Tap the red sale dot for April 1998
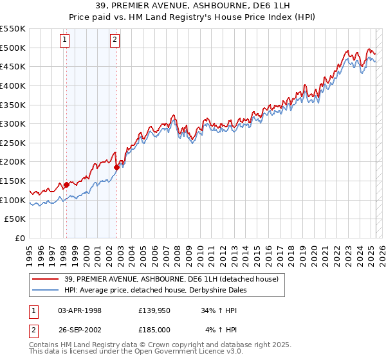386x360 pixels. click(66, 184)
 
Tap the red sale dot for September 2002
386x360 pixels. click(117, 167)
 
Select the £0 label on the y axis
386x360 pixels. click(21, 239)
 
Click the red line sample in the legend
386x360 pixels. click(46, 279)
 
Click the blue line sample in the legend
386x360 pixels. click(46, 290)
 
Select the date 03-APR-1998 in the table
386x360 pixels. click(80, 310)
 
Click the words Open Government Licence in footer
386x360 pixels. click(174, 352)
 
